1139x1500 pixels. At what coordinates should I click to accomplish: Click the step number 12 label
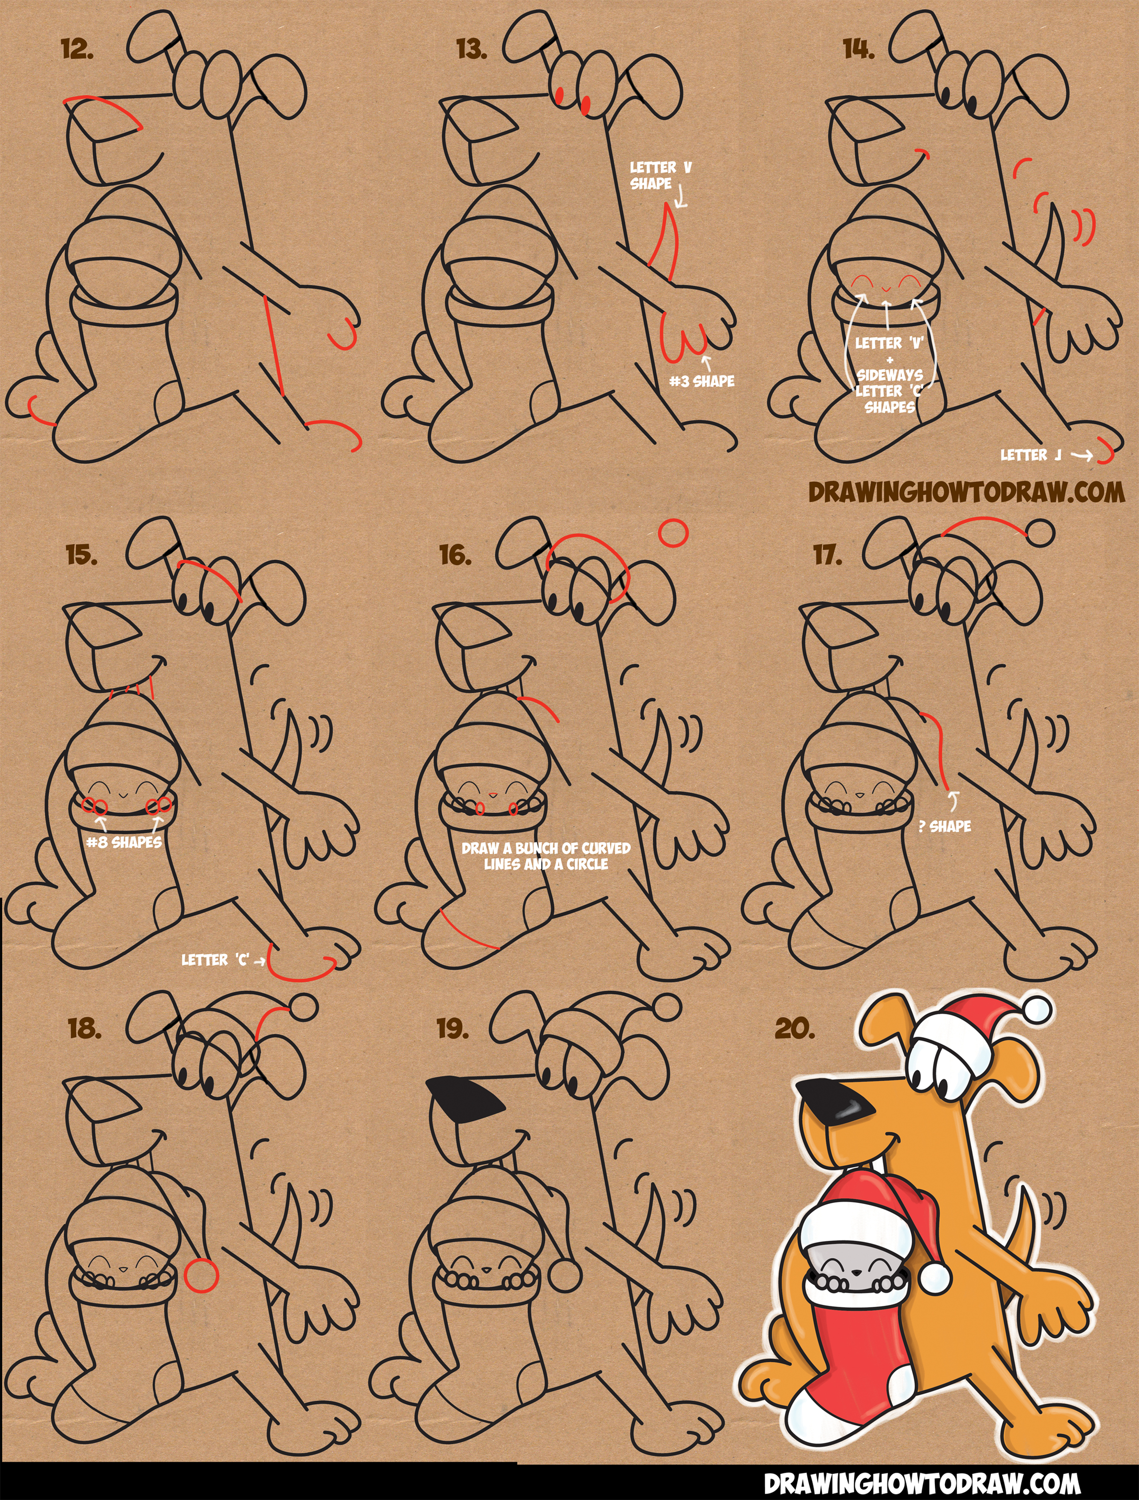pos(77,50)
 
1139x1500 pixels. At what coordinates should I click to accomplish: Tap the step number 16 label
pos(455,555)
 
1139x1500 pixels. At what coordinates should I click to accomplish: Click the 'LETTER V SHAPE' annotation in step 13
pos(660,175)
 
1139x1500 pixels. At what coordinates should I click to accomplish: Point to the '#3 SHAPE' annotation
pos(702,381)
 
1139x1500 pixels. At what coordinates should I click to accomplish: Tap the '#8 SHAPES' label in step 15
pos(124,842)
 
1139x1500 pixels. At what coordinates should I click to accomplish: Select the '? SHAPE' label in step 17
pos(944,826)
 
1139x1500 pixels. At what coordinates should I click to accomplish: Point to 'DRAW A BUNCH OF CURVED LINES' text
pos(546,848)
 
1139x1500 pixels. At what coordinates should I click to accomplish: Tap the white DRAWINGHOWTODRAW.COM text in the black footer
pos(922,1482)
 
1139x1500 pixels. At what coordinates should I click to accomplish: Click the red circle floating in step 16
pos(673,533)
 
